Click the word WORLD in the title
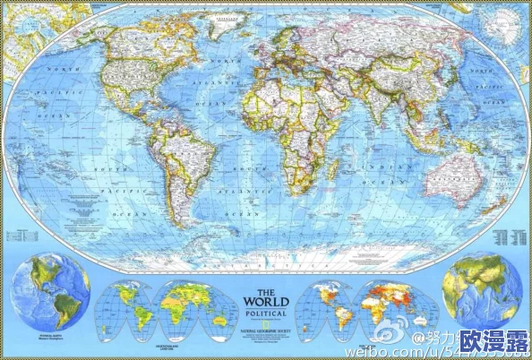tap(266, 304)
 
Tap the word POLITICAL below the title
tap(266, 315)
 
